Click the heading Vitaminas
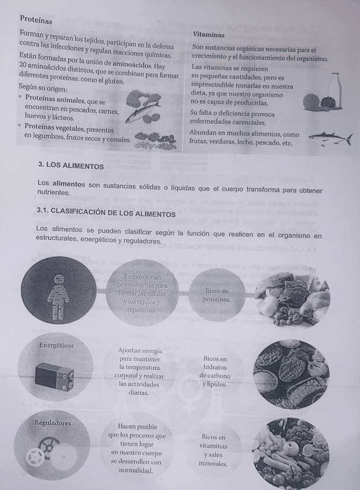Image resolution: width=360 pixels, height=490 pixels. pyautogui.click(x=210, y=35)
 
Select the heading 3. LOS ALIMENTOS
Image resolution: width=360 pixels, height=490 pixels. pyautogui.click(x=71, y=166)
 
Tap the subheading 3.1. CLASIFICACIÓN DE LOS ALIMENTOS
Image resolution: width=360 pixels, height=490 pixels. pyautogui.click(x=106, y=214)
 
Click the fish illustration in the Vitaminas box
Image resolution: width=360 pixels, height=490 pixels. pyautogui.click(x=329, y=139)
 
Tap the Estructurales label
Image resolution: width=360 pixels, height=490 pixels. pyautogui.click(x=60, y=269)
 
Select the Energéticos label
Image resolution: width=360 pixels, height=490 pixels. pyautogui.click(x=56, y=345)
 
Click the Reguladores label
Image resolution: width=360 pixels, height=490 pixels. pyautogui.click(x=53, y=422)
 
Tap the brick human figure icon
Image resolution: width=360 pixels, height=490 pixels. pyautogui.click(x=58, y=296)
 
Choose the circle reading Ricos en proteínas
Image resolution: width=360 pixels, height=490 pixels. pyautogui.click(x=217, y=295)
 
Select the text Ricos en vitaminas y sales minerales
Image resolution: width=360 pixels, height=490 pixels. pyautogui.click(x=213, y=450)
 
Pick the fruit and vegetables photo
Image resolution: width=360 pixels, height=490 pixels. pyautogui.click(x=291, y=451)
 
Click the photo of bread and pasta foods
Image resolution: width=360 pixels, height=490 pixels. pyautogui.click(x=291, y=373)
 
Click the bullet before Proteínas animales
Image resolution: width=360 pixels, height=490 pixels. pyautogui.click(x=20, y=98)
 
